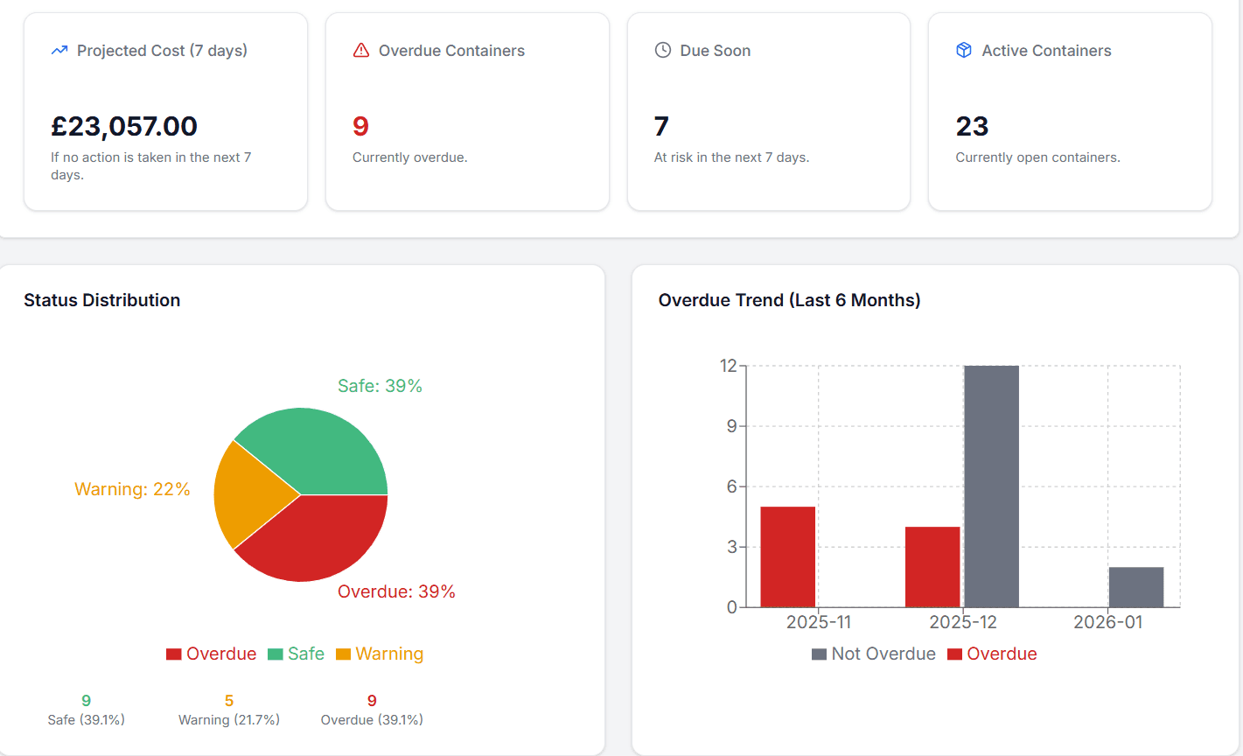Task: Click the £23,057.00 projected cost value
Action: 124,127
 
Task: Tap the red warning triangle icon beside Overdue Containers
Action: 360,51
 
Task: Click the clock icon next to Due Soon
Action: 663,51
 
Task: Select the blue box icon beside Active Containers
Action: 964,51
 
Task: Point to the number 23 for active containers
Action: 972,127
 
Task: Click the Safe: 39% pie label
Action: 380,386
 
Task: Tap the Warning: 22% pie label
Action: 132,489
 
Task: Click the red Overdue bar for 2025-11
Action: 787,556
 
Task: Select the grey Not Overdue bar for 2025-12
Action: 991,486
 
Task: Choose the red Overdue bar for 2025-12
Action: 932,567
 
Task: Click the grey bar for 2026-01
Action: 1136,587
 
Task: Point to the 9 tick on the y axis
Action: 731,426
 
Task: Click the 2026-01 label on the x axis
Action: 1107,622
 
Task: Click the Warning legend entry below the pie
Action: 380,654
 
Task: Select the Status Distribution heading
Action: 101,300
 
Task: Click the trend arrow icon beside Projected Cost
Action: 59,51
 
